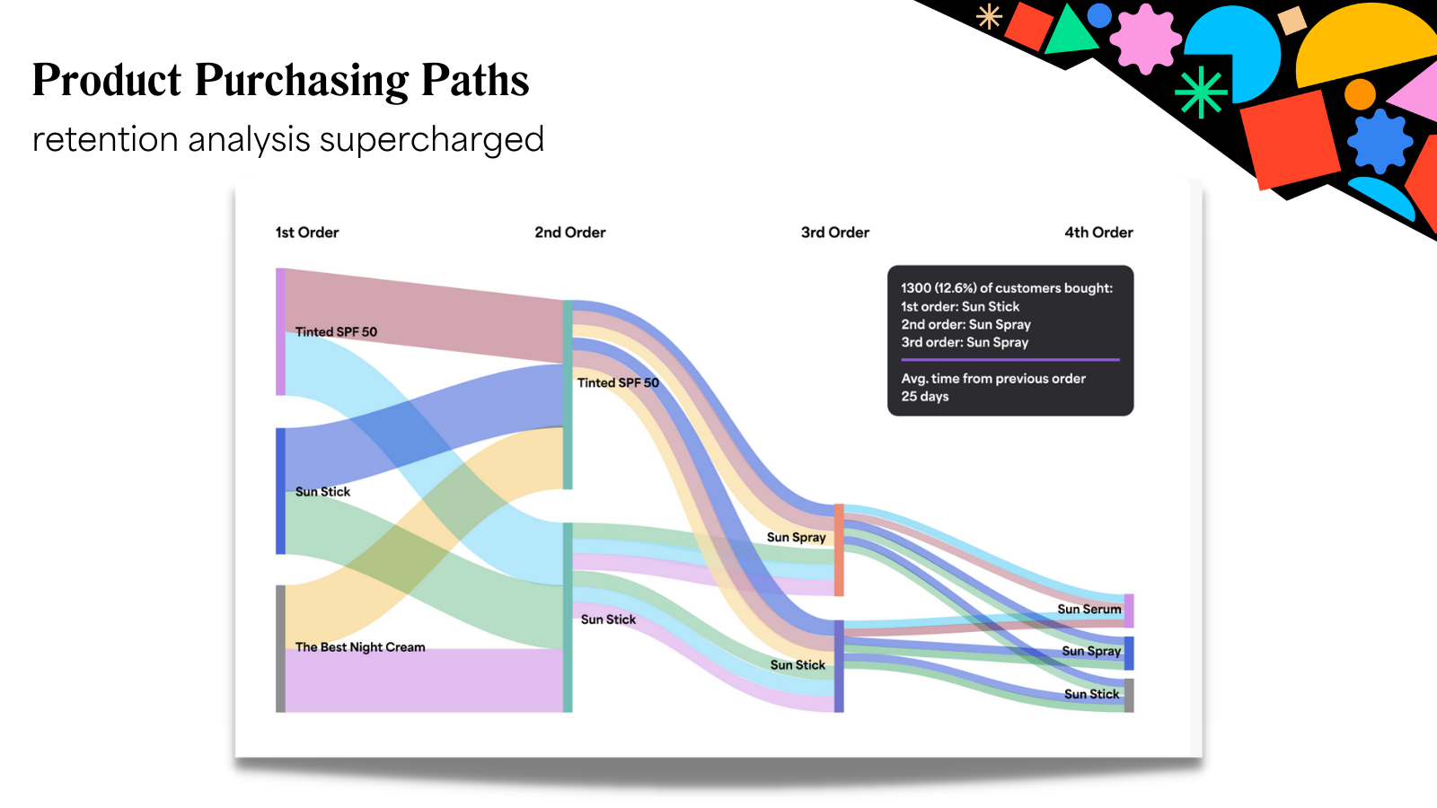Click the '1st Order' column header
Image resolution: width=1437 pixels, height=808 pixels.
(307, 233)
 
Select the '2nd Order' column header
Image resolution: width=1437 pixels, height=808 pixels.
(570, 233)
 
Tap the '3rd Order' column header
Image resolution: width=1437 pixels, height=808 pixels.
(835, 233)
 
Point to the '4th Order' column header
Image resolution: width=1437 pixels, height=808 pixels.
(1098, 233)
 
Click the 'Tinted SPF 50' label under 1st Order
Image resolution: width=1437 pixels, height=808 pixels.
(336, 332)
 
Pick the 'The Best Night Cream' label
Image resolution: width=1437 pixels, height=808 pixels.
(360, 647)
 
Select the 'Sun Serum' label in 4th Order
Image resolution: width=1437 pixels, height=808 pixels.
(1089, 610)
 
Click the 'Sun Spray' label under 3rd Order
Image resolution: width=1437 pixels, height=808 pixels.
(796, 538)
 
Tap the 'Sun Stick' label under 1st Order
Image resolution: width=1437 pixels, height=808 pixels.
(322, 492)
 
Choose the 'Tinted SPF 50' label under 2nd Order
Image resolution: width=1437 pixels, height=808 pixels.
(618, 383)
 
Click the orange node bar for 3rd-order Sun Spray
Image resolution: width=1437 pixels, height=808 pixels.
(839, 549)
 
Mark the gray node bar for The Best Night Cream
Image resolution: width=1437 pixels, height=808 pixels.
(280, 648)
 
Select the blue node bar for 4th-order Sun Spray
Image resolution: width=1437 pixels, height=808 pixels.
(1129, 653)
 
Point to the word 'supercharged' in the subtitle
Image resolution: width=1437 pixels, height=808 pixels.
(431, 140)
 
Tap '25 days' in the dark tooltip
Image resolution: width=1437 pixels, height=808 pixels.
(925, 397)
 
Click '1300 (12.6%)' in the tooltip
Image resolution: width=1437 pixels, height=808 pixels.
(938, 288)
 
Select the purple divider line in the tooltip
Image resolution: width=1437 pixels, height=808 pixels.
(1010, 360)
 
